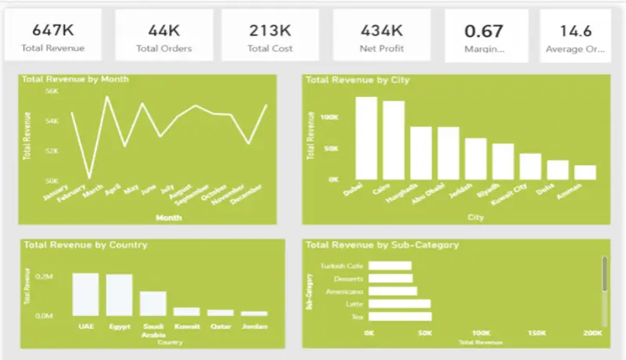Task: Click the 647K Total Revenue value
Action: click(x=54, y=31)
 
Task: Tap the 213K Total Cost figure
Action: click(x=271, y=31)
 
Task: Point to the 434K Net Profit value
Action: click(x=382, y=31)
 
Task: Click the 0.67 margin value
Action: click(x=484, y=31)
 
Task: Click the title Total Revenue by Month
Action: click(x=75, y=79)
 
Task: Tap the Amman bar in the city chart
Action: click(x=585, y=172)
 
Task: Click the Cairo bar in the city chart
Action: click(x=394, y=140)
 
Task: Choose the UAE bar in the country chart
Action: click(x=86, y=293)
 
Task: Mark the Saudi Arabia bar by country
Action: click(x=153, y=303)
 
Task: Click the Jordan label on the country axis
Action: click(x=254, y=326)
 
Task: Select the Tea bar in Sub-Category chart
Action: click(x=400, y=316)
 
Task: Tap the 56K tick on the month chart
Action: click(x=52, y=91)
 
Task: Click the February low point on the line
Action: click(x=89, y=178)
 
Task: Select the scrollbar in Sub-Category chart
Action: click(x=603, y=274)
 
